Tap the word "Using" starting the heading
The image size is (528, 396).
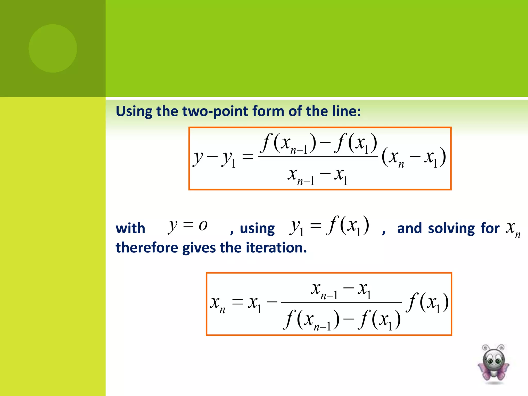coord(134,111)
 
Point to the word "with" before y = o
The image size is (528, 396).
coord(130,228)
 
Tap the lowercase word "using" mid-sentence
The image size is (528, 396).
coord(257,228)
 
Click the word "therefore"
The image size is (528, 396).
coord(147,248)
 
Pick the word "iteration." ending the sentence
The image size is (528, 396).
coord(276,248)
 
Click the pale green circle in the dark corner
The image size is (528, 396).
coord(53,48)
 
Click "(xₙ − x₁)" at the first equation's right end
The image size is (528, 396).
coord(414,157)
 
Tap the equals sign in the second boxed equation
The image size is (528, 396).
coord(237,302)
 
